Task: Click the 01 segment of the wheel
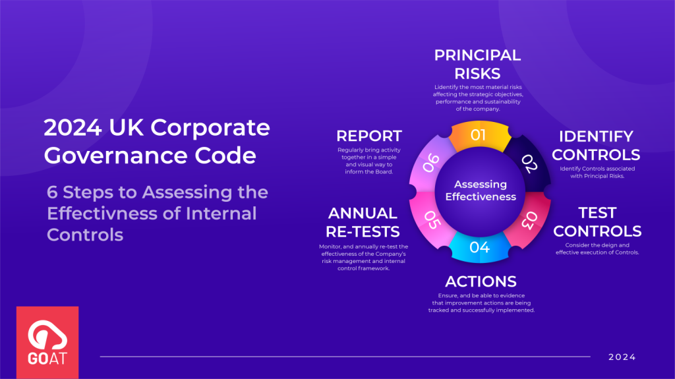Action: point(478,136)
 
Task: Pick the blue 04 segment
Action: point(479,247)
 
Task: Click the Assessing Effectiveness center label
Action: point(480,190)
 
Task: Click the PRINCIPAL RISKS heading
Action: point(477,64)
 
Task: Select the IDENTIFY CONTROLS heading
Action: point(596,145)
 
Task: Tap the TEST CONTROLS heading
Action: point(597,222)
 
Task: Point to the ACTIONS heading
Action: point(481,282)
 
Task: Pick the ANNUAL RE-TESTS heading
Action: point(364,222)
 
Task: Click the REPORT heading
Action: point(368,136)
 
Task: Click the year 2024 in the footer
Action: point(622,357)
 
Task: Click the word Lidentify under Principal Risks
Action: point(448,87)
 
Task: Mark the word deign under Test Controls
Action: point(615,245)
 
